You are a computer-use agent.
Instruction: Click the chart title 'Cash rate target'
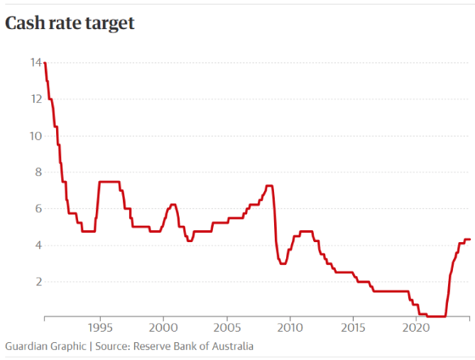70,23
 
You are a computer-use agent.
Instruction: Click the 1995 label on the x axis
100,328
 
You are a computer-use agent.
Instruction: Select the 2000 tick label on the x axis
163,328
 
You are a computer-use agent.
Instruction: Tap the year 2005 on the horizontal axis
226,328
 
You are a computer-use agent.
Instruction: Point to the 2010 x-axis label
290,328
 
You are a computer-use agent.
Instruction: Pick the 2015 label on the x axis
353,328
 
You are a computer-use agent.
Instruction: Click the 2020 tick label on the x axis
416,328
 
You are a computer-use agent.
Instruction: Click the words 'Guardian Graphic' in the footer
45,346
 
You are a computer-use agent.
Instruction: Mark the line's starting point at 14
45,63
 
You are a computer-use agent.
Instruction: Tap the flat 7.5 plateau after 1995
109,182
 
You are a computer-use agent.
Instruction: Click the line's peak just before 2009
269,186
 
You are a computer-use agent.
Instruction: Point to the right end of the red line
470,239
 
